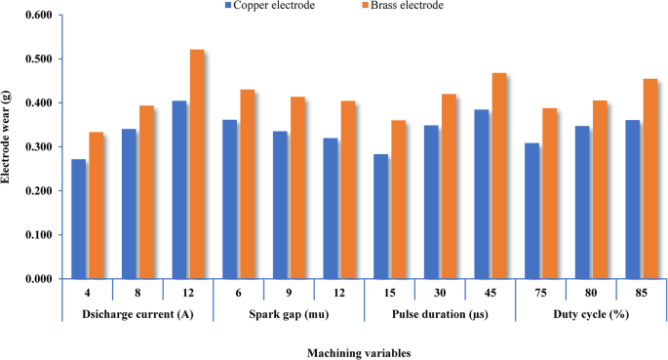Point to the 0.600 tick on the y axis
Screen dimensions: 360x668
click(36, 16)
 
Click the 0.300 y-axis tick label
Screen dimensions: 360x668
click(36, 147)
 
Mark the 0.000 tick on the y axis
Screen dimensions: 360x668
click(36, 279)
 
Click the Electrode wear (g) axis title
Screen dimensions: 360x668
click(9, 146)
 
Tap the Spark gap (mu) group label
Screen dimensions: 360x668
click(289, 313)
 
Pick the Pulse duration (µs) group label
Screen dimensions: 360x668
click(440, 313)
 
